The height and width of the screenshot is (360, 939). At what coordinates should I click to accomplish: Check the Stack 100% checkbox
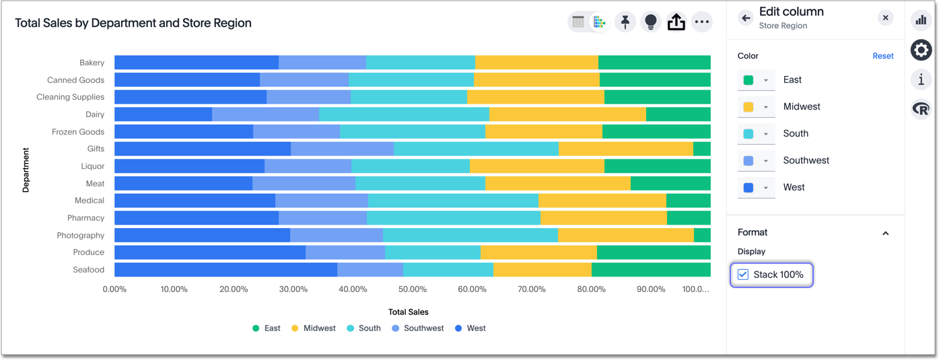pyautogui.click(x=743, y=275)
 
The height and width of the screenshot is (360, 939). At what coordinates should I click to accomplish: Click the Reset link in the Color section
pyautogui.click(x=882, y=56)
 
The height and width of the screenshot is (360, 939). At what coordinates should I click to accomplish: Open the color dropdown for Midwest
pyautogui.click(x=765, y=107)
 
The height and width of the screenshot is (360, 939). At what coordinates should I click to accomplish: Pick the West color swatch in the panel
pyautogui.click(x=749, y=188)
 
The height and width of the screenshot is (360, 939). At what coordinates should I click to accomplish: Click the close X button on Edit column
pyautogui.click(x=885, y=18)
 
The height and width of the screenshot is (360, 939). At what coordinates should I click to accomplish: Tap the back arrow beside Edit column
pyautogui.click(x=745, y=18)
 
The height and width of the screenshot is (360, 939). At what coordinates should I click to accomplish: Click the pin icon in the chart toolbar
pyautogui.click(x=625, y=22)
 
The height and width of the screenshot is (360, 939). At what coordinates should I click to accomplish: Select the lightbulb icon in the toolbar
pyautogui.click(x=650, y=22)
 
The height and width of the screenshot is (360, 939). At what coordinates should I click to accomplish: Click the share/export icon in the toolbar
pyautogui.click(x=676, y=22)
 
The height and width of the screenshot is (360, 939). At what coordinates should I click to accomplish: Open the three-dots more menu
pyautogui.click(x=701, y=22)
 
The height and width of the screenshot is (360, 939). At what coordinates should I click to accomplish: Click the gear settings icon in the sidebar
pyautogui.click(x=921, y=50)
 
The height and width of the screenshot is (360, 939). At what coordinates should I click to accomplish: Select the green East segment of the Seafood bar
pyautogui.click(x=650, y=270)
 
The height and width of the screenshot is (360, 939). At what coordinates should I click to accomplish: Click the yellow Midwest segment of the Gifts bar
pyautogui.click(x=625, y=149)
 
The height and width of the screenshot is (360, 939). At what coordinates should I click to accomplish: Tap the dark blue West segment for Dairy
pyautogui.click(x=163, y=114)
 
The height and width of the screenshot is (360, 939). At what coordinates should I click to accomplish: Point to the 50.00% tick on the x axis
pyautogui.click(x=412, y=289)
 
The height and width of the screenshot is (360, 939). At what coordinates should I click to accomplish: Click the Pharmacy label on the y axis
pyautogui.click(x=85, y=218)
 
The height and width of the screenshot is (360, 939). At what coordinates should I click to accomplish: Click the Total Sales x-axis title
pyautogui.click(x=408, y=312)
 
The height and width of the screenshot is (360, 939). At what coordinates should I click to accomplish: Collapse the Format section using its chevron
pyautogui.click(x=885, y=233)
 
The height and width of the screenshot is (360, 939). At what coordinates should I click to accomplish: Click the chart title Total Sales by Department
pyautogui.click(x=133, y=23)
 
